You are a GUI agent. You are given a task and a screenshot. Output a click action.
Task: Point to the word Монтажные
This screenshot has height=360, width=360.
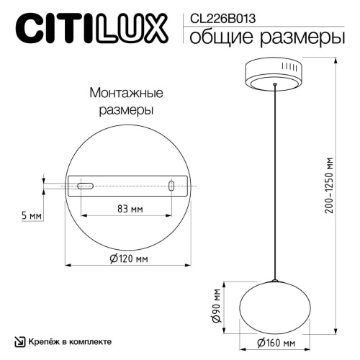[126, 94]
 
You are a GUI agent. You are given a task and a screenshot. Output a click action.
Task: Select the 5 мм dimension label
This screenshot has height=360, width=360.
[30, 215]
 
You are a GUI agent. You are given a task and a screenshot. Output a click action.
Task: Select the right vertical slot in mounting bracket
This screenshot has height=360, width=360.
[171, 186]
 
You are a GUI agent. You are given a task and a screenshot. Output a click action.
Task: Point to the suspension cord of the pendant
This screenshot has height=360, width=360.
[275, 180]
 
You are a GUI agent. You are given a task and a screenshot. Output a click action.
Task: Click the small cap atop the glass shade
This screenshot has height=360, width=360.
[275, 278]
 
